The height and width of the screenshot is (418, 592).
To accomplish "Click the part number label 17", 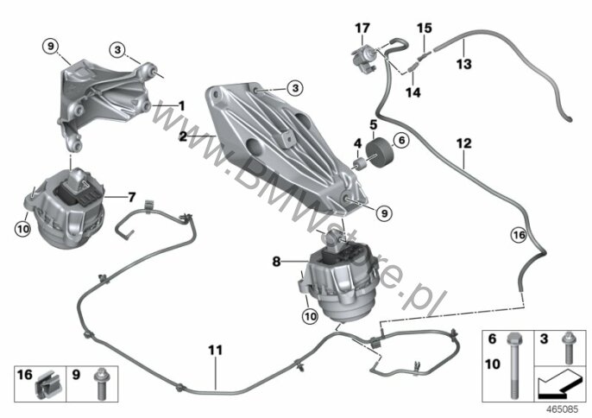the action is pos(362,28).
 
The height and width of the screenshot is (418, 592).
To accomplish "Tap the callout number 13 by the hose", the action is pos(464,64).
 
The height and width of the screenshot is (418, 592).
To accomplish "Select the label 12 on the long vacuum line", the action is pos(464,143).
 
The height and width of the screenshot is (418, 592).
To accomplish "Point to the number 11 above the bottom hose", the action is pos(216,350).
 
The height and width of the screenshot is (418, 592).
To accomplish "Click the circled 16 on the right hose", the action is pos(519,235).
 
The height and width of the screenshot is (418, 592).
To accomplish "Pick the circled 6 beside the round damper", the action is pos(401,141).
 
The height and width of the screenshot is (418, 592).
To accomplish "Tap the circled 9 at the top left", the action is pos(51,47).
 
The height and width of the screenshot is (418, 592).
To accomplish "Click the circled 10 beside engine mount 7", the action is pos(23,229).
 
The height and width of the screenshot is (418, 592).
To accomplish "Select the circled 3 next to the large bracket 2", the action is pos(295,88).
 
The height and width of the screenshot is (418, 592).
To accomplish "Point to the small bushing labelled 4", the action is pos(359,164).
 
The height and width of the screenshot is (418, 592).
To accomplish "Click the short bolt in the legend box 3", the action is pos(568,348).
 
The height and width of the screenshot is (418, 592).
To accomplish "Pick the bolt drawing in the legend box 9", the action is pos(101,383).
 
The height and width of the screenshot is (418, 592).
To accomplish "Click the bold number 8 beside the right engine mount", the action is pos(277,261).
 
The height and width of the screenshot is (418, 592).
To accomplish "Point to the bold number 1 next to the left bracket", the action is pos(181,105).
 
